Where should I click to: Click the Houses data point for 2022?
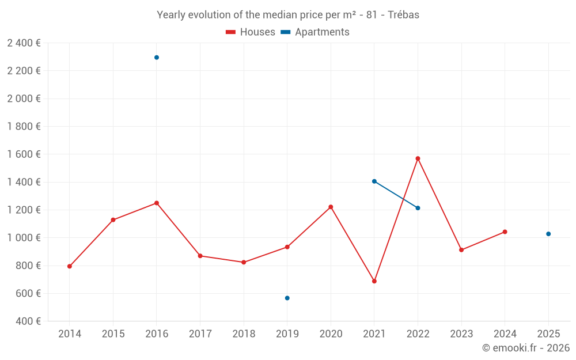coord(418,158)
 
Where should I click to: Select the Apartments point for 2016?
coord(157,58)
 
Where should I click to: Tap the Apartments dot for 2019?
coord(287,298)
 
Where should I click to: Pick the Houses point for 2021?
coord(374,281)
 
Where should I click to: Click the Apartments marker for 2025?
coord(548,234)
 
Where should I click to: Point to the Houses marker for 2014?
coord(70,266)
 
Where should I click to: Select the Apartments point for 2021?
coord(374,181)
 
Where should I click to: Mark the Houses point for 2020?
coord(331,207)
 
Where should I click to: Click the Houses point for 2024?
coord(505,232)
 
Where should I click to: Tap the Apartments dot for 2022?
coord(418,208)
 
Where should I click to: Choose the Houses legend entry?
coord(251,32)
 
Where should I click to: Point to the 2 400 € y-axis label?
coord(24,43)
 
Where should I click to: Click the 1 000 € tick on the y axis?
coord(24,238)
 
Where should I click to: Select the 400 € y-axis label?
coord(28,321)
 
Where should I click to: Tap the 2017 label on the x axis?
coord(200,334)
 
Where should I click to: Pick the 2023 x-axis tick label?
coord(461,334)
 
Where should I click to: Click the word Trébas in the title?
coord(404,15)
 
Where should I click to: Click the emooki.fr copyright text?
coord(525,348)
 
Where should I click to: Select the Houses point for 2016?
coord(157,203)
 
